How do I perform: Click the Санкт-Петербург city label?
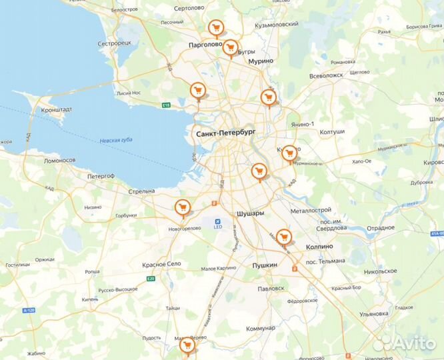pos(227,134)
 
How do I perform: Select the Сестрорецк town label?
pos(115,43)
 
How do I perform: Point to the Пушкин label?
pos(265,265)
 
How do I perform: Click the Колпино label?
pos(324,246)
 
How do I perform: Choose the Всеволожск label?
pos(325,75)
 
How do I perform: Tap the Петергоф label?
pos(101,176)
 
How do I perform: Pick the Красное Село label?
pos(161,264)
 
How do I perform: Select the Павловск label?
pos(271,288)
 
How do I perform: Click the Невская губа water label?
pos(116,141)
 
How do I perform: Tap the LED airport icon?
pos(217,222)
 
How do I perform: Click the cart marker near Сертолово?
pos(215,28)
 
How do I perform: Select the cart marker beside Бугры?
pos(231,47)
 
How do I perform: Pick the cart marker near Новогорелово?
pos(181,207)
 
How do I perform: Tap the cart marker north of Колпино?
pos(284,236)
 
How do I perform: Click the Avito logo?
pos(404,343)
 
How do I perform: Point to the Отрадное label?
pos(381,228)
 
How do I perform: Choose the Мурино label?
pos(261,61)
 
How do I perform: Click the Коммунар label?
pos(260,328)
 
